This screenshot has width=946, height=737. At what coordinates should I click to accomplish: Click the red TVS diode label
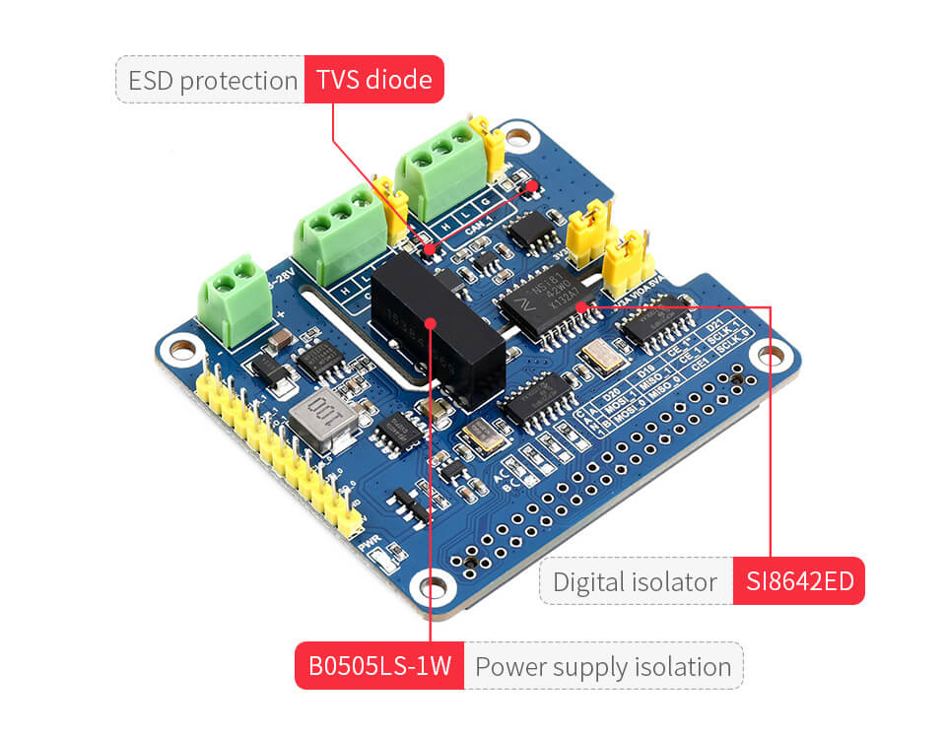pos(373,80)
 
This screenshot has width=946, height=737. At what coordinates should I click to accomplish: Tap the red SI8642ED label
pos(798,581)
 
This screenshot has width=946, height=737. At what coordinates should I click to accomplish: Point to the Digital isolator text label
pos(636,581)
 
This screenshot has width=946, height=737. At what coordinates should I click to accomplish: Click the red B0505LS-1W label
pos(379,667)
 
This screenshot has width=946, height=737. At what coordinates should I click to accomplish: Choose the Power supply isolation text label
pos(603,667)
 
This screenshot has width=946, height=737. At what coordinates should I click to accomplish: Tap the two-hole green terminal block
pos(233,296)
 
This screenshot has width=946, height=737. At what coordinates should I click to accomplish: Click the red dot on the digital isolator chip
pos(581,307)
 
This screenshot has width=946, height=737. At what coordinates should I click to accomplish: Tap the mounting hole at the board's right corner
pos(771,352)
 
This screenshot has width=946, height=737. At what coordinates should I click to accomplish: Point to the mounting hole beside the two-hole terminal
pos(180,349)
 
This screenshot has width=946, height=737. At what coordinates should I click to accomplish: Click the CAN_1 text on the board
pos(483,234)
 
